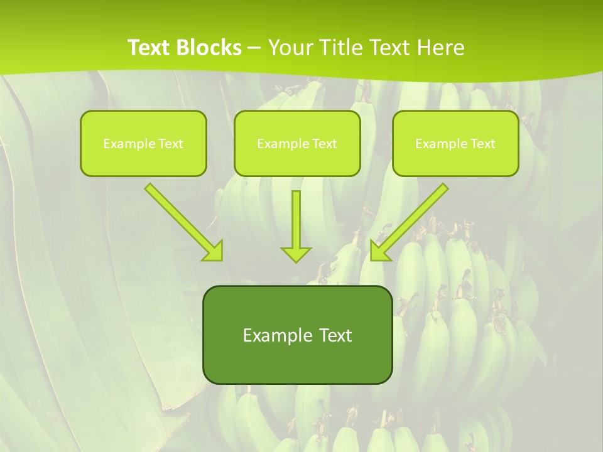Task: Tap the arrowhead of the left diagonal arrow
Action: [214, 250]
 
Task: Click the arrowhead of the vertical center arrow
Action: [296, 254]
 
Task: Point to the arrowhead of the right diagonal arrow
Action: [379, 250]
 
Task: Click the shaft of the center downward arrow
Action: [296, 217]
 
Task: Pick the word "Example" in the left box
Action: [124, 144]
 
